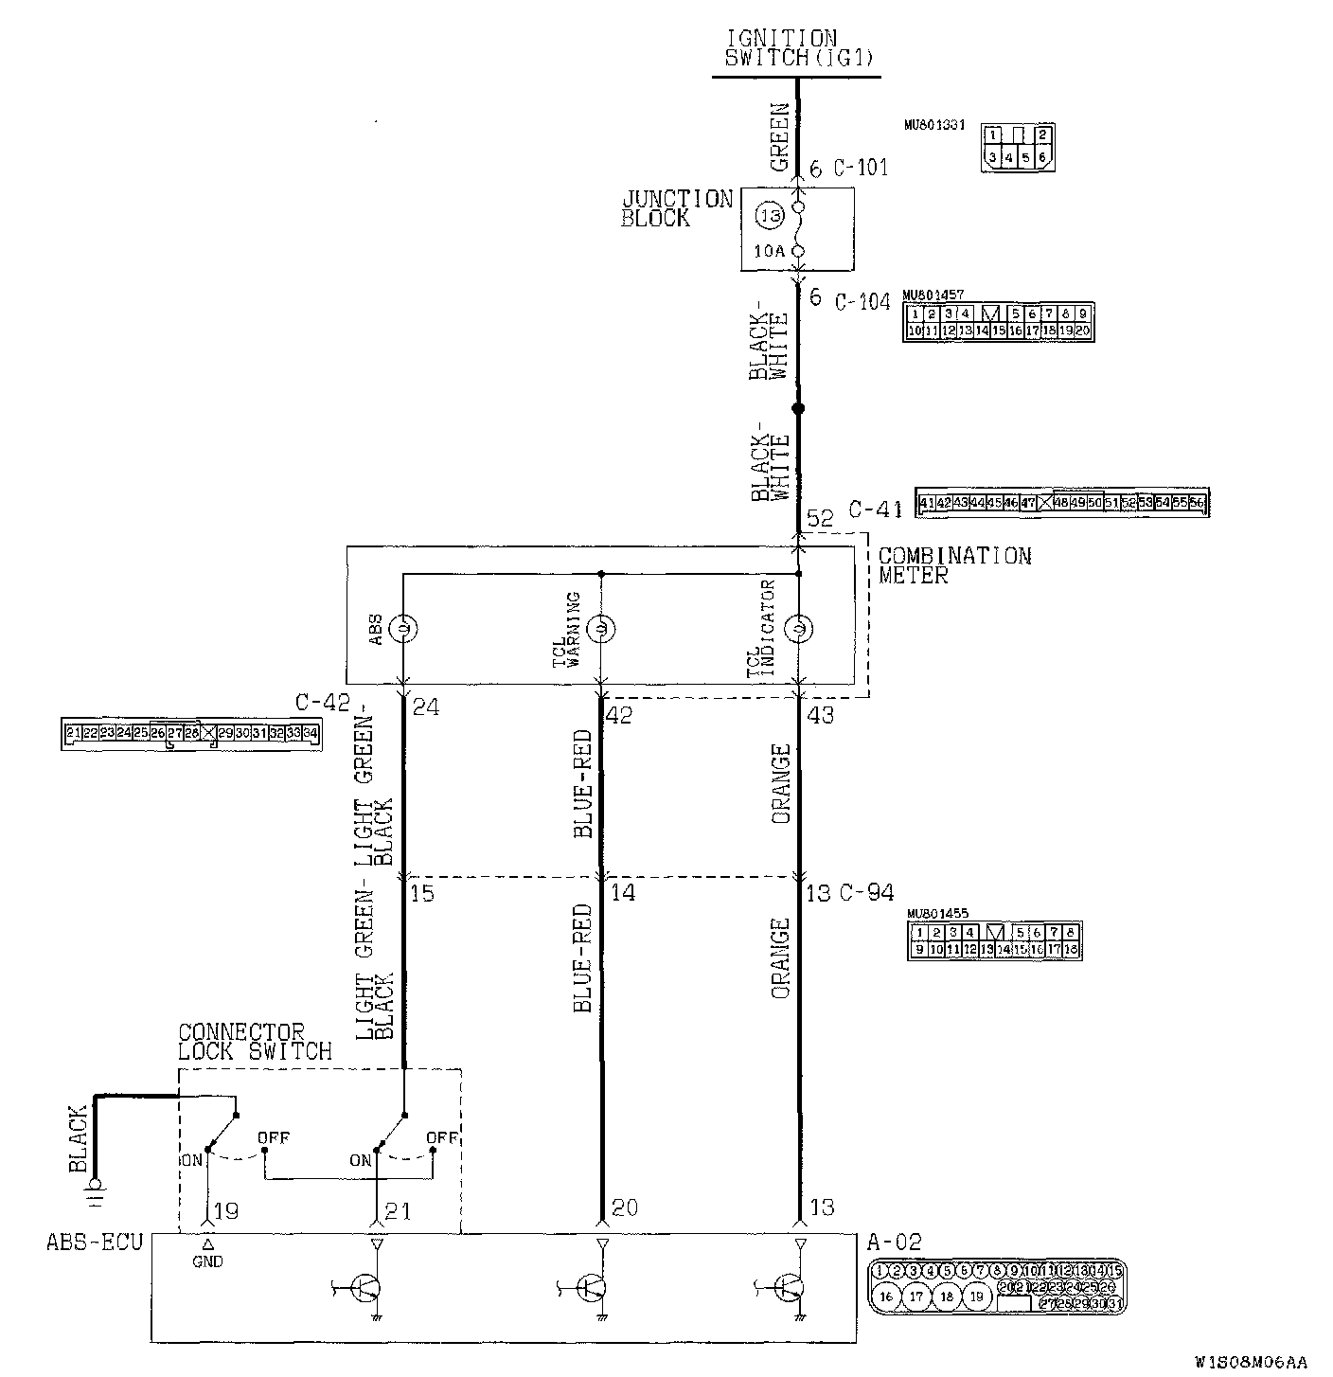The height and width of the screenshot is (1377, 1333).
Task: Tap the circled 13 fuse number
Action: (770, 216)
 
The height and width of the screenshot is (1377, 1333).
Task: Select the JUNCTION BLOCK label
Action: (676, 208)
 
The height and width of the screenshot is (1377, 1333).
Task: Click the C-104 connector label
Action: (862, 302)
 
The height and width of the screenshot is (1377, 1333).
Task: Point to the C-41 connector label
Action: (874, 510)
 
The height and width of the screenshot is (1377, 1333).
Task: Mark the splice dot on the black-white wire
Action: (798, 409)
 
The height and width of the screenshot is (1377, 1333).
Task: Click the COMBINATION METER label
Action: (953, 565)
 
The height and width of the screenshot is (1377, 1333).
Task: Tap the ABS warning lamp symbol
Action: (404, 628)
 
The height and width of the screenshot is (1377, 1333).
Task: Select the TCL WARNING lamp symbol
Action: (601, 628)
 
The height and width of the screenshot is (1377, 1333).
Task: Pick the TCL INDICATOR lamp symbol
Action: (798, 628)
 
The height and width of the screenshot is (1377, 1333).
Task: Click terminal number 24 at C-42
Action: (426, 706)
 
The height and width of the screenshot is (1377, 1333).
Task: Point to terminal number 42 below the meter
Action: (618, 716)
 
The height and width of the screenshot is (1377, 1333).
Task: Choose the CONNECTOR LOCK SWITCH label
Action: (255, 1042)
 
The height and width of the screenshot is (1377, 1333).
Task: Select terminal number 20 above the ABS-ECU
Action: (624, 1207)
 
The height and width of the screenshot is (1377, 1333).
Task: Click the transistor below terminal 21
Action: (365, 1287)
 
